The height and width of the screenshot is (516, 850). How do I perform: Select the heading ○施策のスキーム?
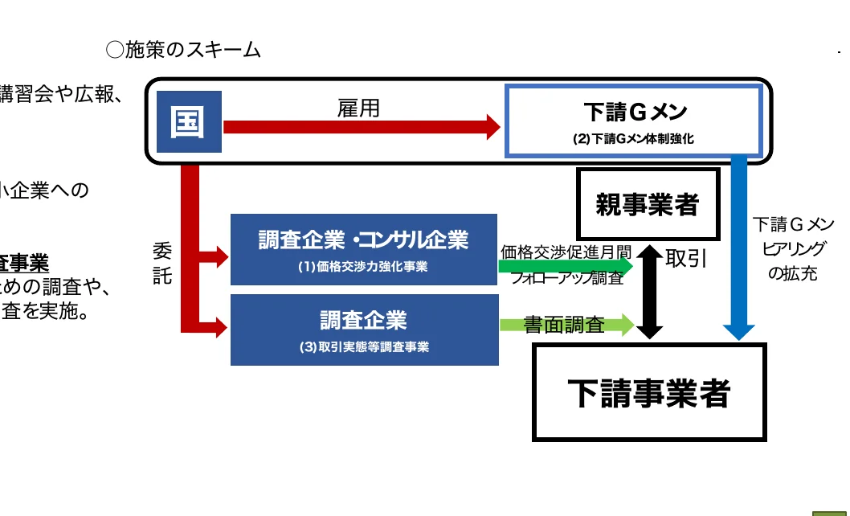183,50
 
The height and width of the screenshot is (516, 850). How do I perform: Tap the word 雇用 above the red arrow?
358,109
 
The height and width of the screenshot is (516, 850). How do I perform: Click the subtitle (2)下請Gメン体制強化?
633,138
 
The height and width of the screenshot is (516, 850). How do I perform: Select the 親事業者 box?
647,204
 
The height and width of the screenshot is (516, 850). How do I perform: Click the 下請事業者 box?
649,392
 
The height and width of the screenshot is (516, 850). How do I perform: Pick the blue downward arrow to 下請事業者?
738,249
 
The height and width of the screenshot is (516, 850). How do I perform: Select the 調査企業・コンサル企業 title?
363,240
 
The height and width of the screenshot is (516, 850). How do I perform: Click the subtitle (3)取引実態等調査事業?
363,347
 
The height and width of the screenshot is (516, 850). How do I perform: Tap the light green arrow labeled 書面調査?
567,325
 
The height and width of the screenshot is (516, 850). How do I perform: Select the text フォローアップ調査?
567,279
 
